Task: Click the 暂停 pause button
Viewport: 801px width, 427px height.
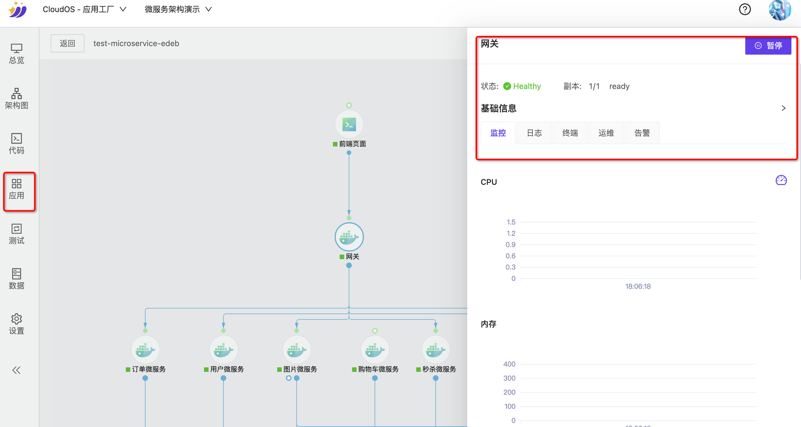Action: [x=768, y=46]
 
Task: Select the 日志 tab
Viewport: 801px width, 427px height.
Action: [x=534, y=133]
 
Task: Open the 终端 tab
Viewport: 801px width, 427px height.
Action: [x=570, y=133]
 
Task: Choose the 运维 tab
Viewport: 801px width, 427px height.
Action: [x=606, y=133]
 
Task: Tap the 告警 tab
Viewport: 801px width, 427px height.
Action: [x=642, y=133]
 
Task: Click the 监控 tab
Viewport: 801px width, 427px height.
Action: [x=498, y=133]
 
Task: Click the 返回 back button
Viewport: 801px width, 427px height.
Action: [x=67, y=43]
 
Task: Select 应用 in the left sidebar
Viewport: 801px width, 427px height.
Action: [x=16, y=189]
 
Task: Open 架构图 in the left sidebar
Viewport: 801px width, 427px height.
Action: [x=16, y=99]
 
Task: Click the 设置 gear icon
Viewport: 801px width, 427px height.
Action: [x=16, y=319]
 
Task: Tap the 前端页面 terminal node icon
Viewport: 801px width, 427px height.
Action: [x=349, y=125]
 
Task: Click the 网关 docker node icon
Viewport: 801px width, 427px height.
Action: [x=349, y=237]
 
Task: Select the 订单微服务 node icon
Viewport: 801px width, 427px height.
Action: [x=145, y=350]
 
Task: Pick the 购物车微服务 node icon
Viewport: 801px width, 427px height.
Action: [x=375, y=350]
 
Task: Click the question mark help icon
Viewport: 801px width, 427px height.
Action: [x=745, y=9]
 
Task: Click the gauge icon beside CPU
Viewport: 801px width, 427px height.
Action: [x=781, y=180]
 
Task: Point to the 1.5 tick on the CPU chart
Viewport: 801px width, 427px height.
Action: [x=511, y=222]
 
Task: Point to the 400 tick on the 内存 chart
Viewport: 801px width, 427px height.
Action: [x=509, y=364]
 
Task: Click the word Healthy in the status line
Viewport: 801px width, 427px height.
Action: [x=527, y=86]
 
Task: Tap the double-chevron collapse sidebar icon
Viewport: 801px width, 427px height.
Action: [x=16, y=370]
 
